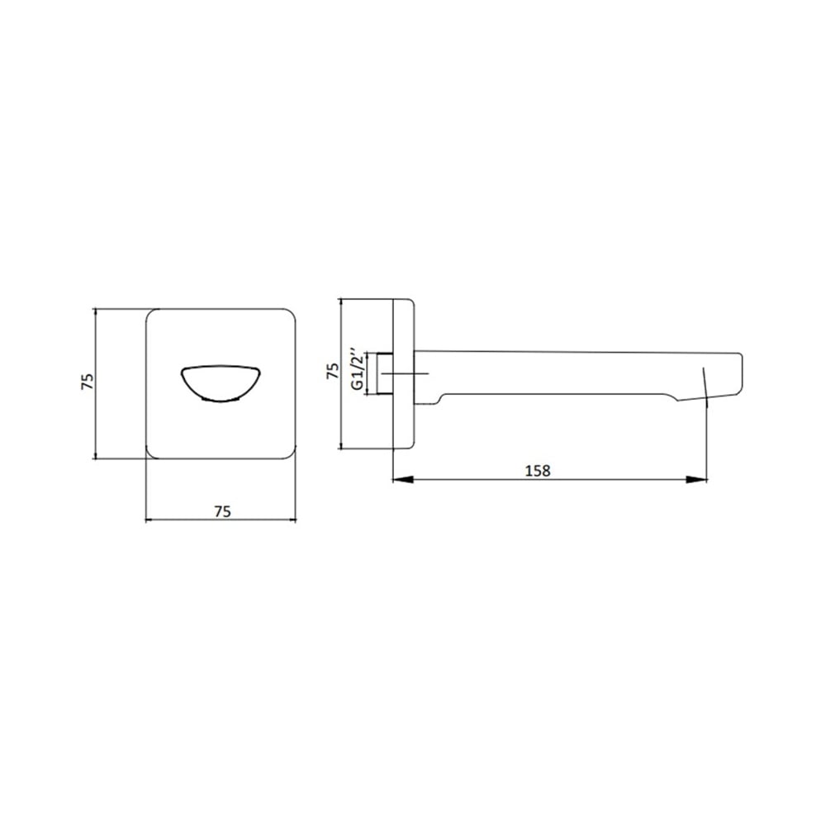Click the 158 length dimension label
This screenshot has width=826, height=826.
(538, 470)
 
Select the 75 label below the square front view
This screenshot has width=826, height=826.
(222, 511)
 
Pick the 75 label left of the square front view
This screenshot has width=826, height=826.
(88, 382)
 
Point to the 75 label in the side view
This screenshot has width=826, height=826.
(332, 370)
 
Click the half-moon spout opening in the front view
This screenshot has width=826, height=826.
(221, 383)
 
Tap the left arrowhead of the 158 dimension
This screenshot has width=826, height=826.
(403, 479)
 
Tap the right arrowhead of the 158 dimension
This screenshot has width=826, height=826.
(697, 479)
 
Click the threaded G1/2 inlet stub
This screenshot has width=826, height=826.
(386, 373)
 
